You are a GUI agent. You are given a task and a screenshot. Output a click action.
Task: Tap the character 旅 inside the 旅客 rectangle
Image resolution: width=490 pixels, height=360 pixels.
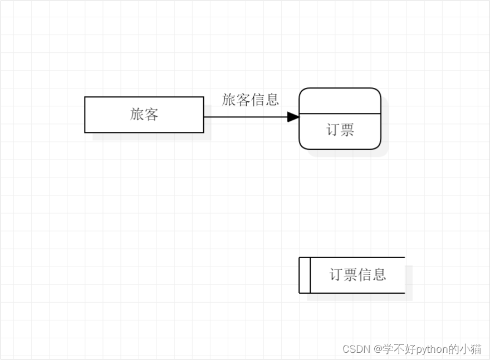click(x=137, y=115)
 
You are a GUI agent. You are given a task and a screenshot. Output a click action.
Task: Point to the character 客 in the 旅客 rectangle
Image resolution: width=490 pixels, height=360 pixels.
click(x=151, y=115)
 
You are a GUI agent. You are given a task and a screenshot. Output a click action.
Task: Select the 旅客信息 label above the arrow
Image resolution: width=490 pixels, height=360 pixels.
click(x=251, y=100)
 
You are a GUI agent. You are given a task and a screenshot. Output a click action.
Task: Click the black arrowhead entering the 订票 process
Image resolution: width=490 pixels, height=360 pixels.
click(x=293, y=117)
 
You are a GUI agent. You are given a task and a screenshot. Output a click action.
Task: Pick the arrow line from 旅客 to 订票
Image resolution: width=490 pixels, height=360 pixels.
click(x=245, y=117)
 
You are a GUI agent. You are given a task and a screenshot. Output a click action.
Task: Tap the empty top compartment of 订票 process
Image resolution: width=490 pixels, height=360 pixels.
click(x=340, y=101)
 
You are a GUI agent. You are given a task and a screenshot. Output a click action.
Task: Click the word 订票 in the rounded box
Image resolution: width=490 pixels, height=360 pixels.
click(x=340, y=130)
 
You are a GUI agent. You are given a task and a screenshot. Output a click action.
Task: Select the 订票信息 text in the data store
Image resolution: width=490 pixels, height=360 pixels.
click(x=357, y=274)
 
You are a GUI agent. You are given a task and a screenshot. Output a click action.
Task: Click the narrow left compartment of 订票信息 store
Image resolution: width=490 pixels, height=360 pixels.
click(x=305, y=275)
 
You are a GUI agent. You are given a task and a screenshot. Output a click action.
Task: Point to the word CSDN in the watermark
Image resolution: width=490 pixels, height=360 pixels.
click(x=356, y=349)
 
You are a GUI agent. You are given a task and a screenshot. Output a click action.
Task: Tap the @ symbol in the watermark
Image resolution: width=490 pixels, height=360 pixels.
click(x=378, y=349)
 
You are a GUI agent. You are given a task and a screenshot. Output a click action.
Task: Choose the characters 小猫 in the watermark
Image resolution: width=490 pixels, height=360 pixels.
click(x=470, y=349)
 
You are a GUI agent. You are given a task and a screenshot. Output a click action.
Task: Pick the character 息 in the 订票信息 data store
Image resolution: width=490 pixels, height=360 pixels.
click(x=379, y=274)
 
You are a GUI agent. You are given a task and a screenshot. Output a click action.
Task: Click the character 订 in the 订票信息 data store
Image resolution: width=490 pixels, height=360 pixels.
click(x=336, y=274)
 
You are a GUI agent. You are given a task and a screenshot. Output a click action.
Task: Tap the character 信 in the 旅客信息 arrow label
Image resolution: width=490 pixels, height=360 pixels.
click(x=258, y=100)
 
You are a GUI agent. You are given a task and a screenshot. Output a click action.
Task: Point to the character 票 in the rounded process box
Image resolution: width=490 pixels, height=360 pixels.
click(x=347, y=130)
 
